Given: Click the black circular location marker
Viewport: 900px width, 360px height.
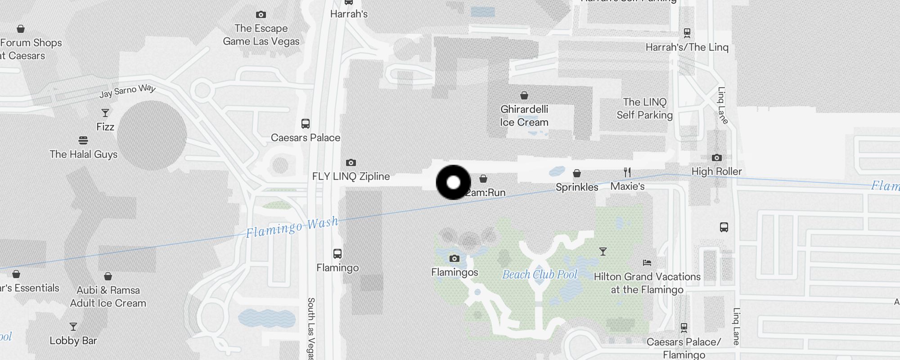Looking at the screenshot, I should coord(454,182).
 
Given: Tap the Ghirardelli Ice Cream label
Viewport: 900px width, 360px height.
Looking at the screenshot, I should coord(524,116).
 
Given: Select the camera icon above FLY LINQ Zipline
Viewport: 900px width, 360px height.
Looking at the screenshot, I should coord(351,162).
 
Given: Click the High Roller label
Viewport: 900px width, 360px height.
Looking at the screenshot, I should coord(716,171).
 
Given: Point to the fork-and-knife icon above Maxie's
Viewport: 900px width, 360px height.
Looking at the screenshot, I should coord(627,172).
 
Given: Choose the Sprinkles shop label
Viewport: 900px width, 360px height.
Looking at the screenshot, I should coord(577,187).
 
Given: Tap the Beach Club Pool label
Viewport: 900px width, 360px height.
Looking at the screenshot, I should coord(540,274).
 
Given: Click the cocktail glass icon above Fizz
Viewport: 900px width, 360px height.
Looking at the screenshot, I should coord(105,113).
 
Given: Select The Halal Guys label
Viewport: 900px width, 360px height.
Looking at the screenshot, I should coord(83,154).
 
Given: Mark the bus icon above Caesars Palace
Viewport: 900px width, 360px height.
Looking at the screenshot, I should coord(306,124).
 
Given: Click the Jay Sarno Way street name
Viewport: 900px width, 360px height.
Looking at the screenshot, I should coord(127,91).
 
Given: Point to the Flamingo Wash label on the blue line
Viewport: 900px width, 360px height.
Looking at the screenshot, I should coord(292,228).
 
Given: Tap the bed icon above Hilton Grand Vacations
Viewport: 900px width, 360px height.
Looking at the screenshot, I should coord(647,262).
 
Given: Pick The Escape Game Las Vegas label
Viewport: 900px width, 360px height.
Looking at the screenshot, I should coord(261,35).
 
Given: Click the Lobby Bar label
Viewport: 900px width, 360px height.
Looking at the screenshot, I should coord(73,341).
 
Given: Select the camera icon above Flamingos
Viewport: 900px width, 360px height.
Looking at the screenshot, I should coord(454,258).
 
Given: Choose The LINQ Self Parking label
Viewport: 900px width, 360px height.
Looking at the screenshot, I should coord(644,108).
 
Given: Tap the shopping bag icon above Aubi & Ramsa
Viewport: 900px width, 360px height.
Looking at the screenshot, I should coord(108,276).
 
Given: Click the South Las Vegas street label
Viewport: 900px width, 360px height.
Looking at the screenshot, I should coord(310,328).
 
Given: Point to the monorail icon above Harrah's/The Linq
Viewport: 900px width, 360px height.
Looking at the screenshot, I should coord(687,33).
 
